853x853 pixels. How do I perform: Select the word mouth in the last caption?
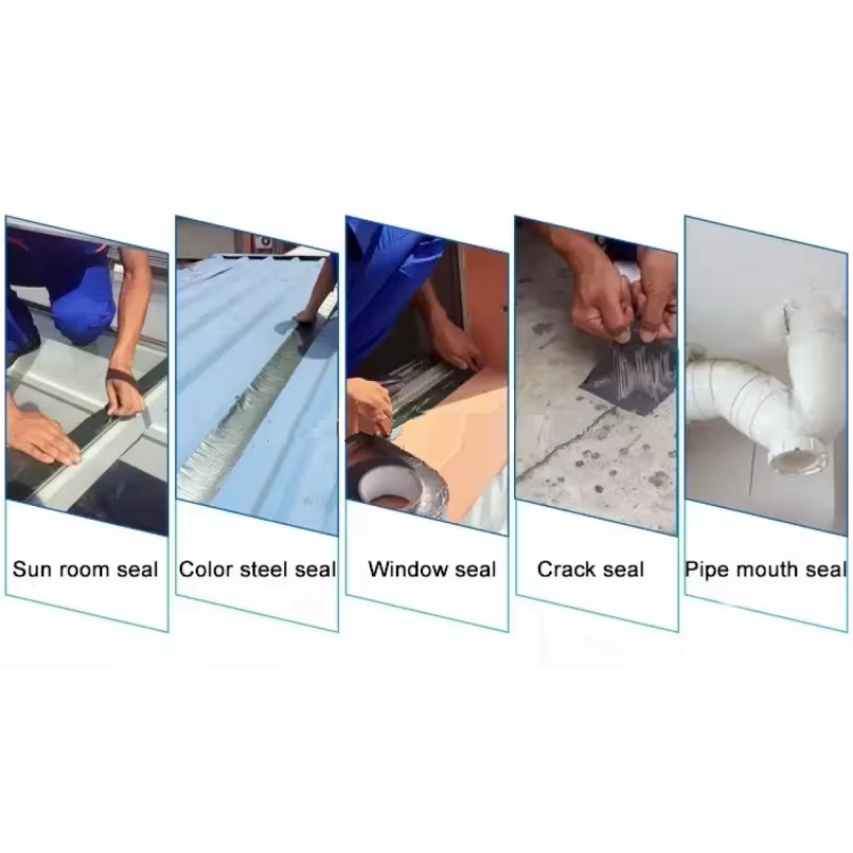pos(768,570)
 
